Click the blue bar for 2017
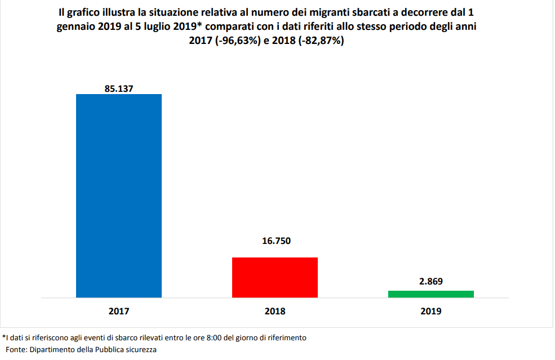click(x=119, y=195)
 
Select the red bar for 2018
click(x=275, y=277)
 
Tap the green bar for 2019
click(x=431, y=294)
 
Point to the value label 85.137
click(x=119, y=88)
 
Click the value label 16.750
click(x=276, y=241)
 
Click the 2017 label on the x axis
click(x=119, y=311)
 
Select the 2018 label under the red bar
click(x=275, y=311)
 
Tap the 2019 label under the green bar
click(x=431, y=311)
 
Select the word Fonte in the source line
click(x=16, y=349)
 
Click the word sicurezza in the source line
click(x=140, y=349)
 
